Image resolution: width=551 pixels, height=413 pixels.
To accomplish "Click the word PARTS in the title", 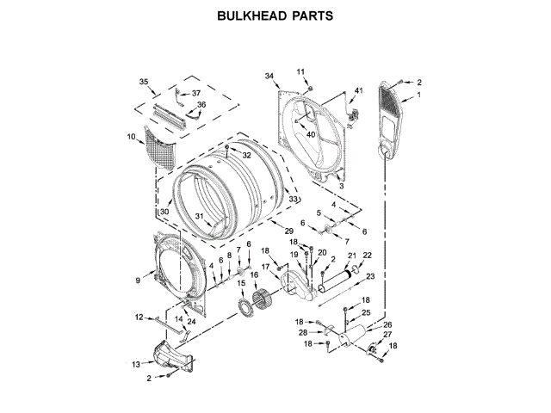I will coord(309,15).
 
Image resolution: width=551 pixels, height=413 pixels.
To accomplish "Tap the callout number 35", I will coord(145,81).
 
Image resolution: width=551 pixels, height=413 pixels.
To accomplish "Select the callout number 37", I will coord(196,93).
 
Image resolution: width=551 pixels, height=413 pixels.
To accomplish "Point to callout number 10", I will coord(132,137).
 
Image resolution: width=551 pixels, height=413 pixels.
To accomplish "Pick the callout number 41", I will coord(359,91).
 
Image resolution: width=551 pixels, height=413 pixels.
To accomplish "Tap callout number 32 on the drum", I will coord(246,156).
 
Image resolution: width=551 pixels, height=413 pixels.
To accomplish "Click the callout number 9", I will coord(138,280).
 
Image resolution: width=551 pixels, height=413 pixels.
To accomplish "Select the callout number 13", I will coord(136,364).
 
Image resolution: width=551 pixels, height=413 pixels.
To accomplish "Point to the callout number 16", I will coord(254,275).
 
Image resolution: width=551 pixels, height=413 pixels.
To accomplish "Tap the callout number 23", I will coord(370,276).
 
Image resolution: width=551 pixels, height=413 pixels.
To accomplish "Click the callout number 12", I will coord(139,317).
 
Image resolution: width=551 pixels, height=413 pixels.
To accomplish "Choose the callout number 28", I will coord(302,333).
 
